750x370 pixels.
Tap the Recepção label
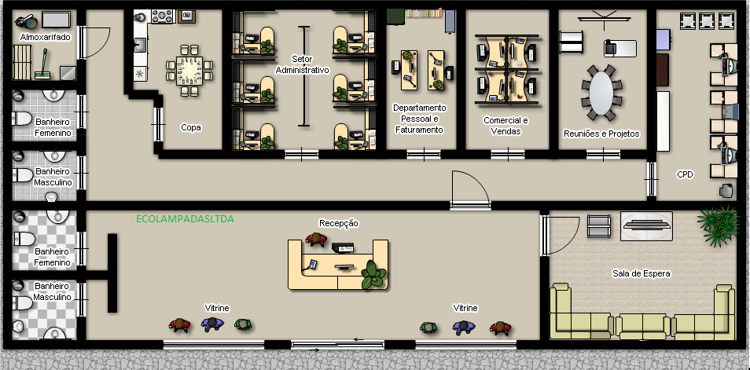click(339, 223)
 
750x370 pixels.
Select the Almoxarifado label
click(44, 37)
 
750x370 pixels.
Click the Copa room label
click(191, 126)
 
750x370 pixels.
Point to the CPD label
click(685, 174)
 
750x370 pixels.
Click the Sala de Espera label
click(641, 273)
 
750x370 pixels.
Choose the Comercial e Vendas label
click(506, 126)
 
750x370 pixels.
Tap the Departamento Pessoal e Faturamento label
click(419, 119)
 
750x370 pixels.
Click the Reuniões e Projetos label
click(601, 134)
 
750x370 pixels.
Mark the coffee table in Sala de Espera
click(646, 225)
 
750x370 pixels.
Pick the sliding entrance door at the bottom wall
click(338, 343)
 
